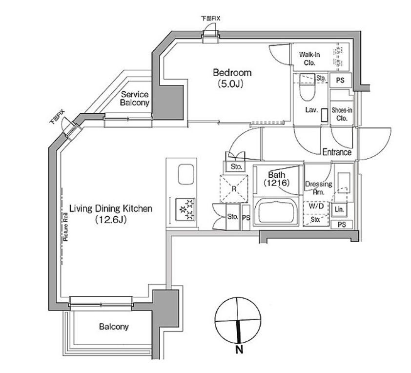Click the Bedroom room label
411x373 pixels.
coord(232,73)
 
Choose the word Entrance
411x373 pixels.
coord(337,152)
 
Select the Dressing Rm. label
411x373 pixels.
coord(318,188)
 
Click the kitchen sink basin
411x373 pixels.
coord(186,174)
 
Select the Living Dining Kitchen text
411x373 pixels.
coord(111,208)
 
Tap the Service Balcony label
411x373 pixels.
coord(134,99)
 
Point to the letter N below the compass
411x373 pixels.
coord(239,349)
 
